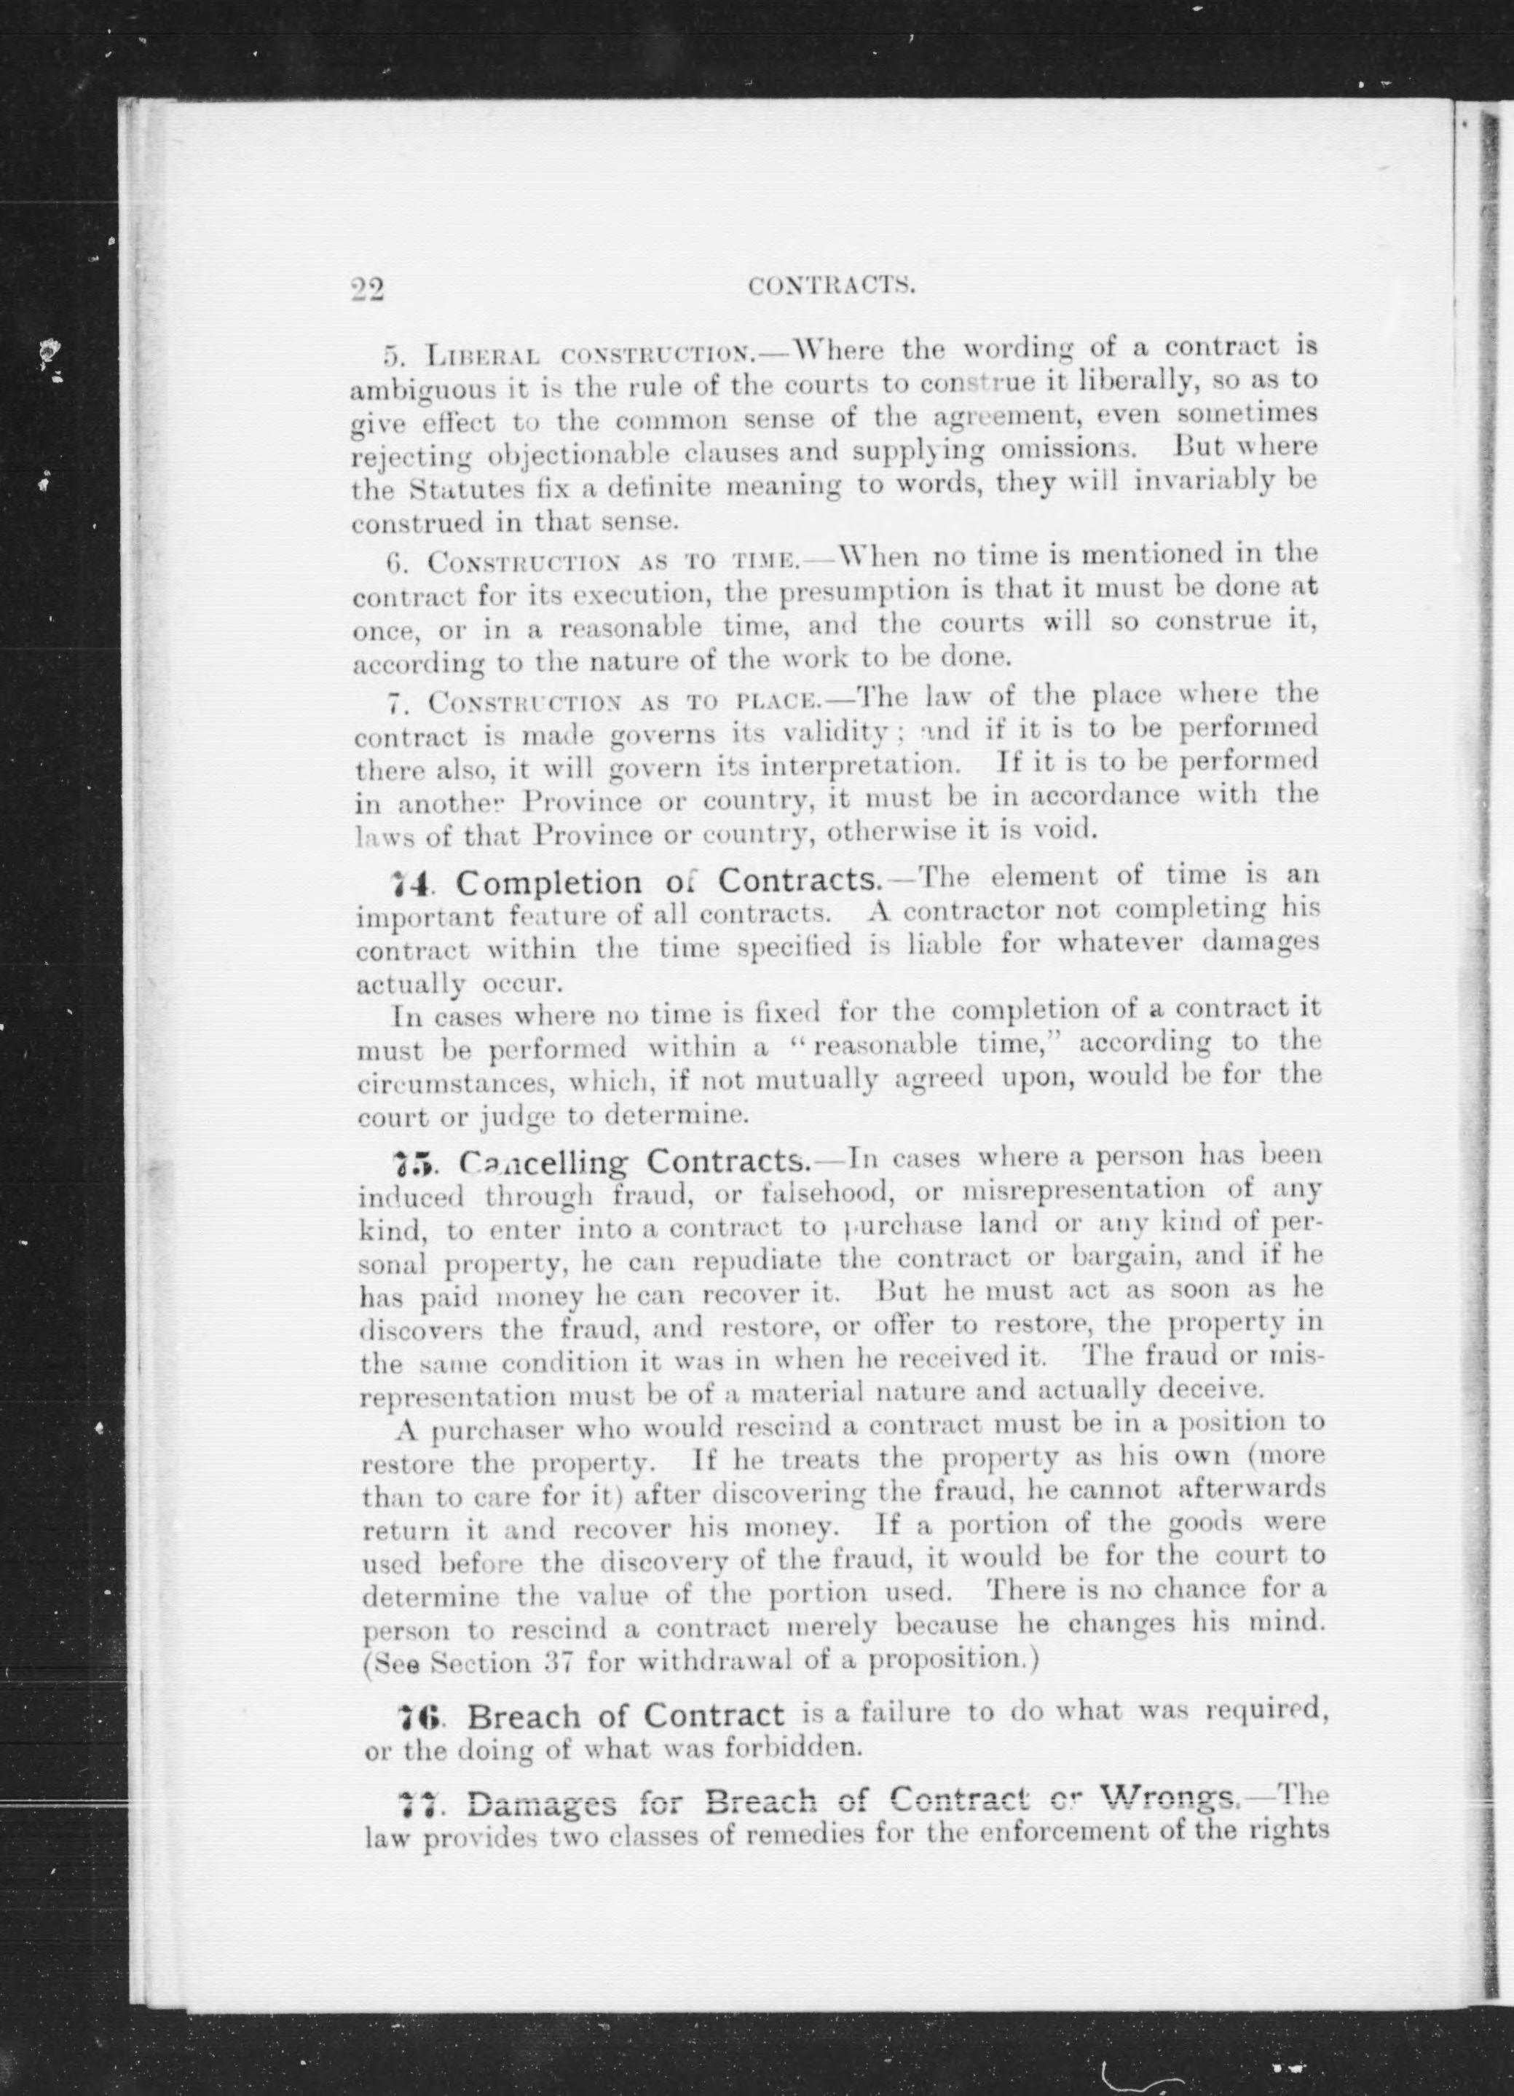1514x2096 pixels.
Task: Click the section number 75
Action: click(x=409, y=1161)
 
